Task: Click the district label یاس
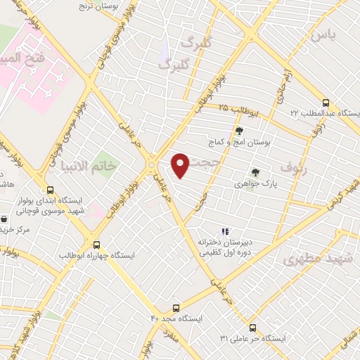click(324, 34)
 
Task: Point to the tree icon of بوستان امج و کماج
click(239, 131)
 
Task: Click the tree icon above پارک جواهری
click(255, 172)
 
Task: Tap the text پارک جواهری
click(254, 184)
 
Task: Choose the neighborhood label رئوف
click(295, 169)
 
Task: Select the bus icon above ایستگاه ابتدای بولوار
click(49, 189)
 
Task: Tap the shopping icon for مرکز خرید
click(5, 219)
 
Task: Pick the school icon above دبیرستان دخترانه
click(225, 231)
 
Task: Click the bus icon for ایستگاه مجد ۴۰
click(175, 307)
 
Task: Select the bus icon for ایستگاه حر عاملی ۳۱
click(252, 327)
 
